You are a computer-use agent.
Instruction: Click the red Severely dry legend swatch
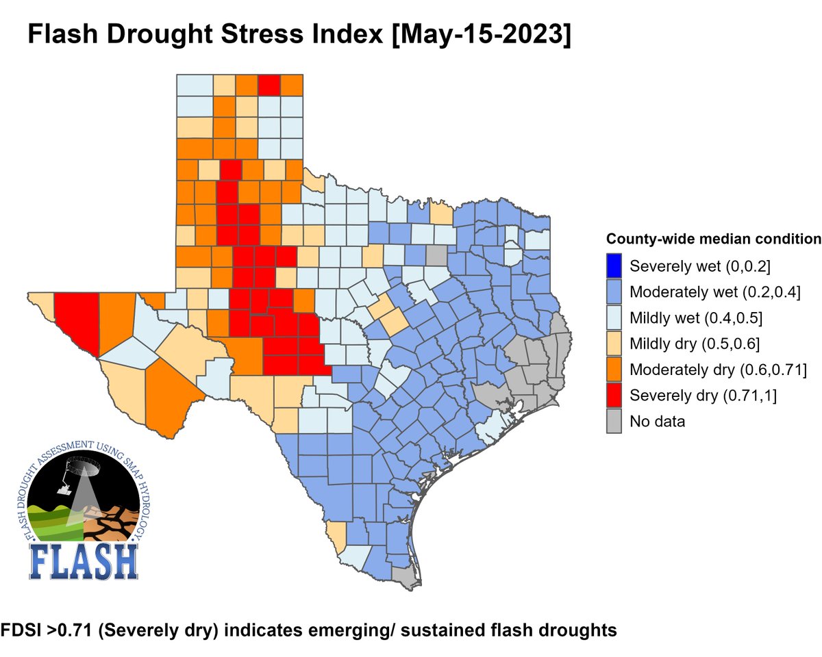(615, 396)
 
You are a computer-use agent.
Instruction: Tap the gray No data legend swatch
(615, 422)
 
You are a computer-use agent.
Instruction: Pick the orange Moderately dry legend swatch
(615, 370)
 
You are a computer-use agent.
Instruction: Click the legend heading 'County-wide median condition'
(713, 240)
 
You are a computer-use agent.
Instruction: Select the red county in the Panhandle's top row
(269, 86)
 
